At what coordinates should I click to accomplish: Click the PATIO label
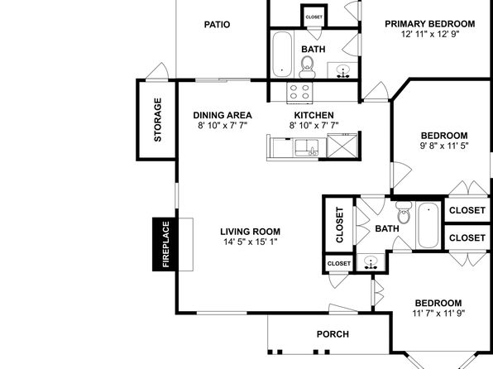(x=217, y=25)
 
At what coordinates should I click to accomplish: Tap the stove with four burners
(x=299, y=92)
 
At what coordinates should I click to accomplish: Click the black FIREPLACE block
(x=165, y=244)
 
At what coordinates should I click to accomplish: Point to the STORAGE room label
(x=157, y=120)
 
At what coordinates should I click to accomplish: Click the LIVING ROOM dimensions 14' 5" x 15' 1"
(x=251, y=242)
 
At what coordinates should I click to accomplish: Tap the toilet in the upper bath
(x=307, y=67)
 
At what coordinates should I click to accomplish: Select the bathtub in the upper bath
(x=282, y=55)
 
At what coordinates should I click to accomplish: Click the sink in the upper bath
(x=342, y=70)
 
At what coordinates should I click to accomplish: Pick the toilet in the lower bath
(x=404, y=213)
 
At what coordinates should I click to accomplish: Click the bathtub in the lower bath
(x=428, y=225)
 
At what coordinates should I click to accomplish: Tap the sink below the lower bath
(x=371, y=262)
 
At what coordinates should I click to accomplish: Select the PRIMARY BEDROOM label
(x=430, y=24)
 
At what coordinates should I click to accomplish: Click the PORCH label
(x=333, y=334)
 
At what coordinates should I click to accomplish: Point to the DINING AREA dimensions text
(x=223, y=126)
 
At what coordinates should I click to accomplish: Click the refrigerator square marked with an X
(x=342, y=146)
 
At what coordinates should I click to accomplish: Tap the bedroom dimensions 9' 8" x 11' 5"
(x=444, y=146)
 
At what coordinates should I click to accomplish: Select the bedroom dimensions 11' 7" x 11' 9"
(x=438, y=314)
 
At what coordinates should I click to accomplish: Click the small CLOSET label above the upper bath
(x=314, y=17)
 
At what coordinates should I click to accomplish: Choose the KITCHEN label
(x=314, y=115)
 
